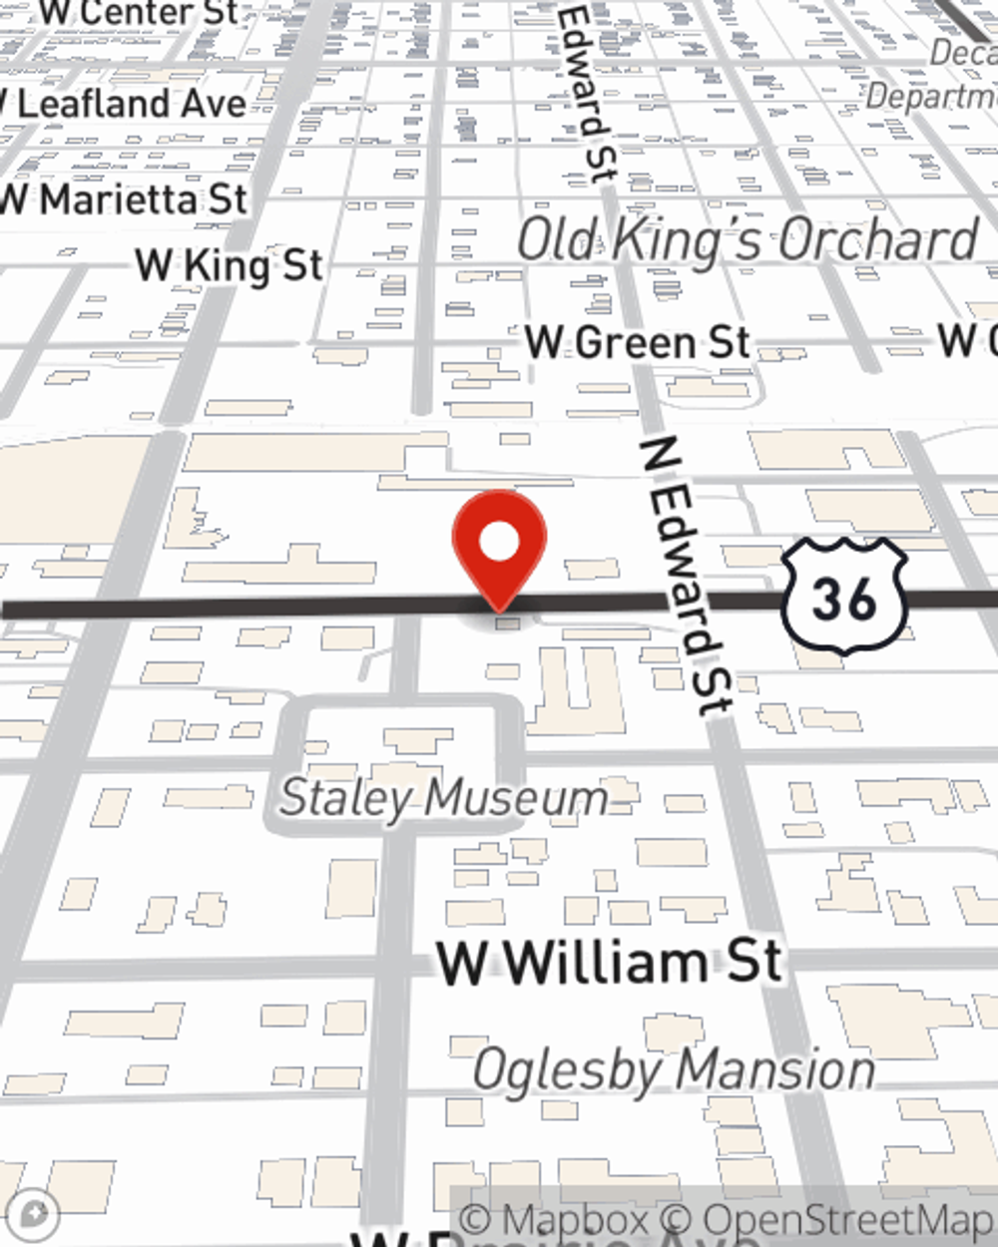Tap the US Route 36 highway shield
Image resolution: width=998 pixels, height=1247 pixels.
tap(844, 597)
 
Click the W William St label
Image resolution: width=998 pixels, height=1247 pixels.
tap(610, 962)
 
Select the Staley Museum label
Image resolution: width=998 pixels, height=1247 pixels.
tap(444, 798)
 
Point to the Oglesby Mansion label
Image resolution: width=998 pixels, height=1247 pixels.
tap(674, 1070)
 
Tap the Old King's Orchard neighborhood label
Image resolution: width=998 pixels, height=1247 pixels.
tap(748, 240)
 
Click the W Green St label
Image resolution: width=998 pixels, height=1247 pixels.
tap(638, 343)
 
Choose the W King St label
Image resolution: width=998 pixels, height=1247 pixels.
tap(230, 265)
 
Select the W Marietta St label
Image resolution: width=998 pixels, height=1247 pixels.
tap(124, 200)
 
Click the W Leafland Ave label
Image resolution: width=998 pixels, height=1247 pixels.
tap(124, 104)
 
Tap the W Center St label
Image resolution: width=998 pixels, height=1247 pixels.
tap(139, 13)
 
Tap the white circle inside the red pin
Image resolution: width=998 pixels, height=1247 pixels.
tap(499, 542)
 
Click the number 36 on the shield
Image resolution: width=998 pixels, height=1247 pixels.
tap(844, 599)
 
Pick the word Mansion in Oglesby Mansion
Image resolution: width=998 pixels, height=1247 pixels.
tap(775, 1070)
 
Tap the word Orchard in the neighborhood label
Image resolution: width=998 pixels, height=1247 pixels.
tap(877, 240)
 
